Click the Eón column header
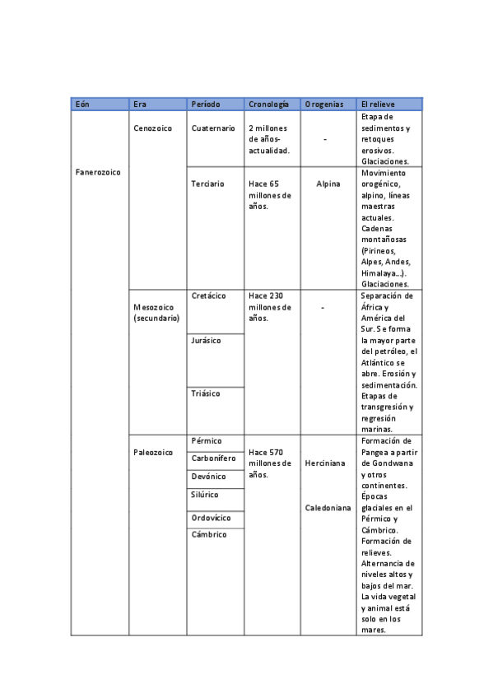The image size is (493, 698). click(x=82, y=105)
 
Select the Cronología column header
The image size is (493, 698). click(x=268, y=105)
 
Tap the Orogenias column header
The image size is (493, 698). click(x=324, y=105)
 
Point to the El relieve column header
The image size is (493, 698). click(x=379, y=105)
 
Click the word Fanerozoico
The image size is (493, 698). click(x=98, y=173)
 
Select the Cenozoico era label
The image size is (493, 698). click(x=152, y=128)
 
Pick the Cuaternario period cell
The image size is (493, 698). click(x=213, y=128)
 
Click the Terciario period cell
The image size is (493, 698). click(x=207, y=184)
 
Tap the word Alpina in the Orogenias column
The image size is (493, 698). click(x=328, y=184)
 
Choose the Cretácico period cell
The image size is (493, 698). click(x=208, y=295)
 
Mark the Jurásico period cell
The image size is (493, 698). click(x=206, y=340)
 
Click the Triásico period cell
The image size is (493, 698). click(x=206, y=393)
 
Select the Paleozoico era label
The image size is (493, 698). click(x=153, y=453)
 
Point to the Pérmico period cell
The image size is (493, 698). click(x=206, y=441)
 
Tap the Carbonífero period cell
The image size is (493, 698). click(x=213, y=458)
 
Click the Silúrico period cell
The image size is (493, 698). click(x=205, y=495)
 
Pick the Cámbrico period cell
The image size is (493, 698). click(x=208, y=534)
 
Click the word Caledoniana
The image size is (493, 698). click(x=328, y=508)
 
